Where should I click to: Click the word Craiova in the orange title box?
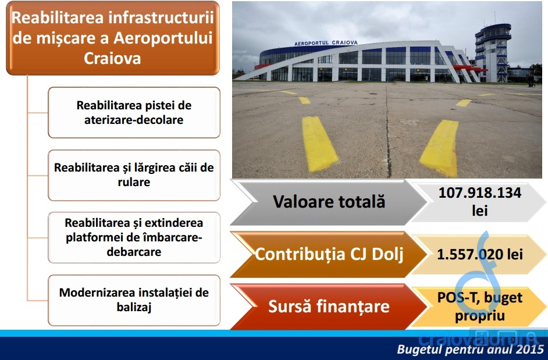click(x=112, y=58)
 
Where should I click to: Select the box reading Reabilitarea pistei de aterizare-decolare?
click(x=134, y=113)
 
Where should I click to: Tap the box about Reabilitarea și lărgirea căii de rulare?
click(x=134, y=175)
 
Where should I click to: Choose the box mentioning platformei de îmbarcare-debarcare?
click(x=134, y=237)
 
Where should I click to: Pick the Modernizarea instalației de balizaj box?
click(x=134, y=300)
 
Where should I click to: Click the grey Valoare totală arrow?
click(x=329, y=202)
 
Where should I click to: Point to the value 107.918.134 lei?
click(x=479, y=202)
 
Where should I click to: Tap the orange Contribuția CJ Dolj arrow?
click(x=329, y=254)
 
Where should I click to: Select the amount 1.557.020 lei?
click(x=480, y=254)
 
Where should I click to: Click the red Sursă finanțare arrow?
click(x=329, y=306)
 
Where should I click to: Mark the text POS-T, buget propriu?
click(x=480, y=306)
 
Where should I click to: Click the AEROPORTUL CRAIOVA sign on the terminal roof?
click(x=326, y=43)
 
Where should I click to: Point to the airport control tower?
click(x=493, y=52)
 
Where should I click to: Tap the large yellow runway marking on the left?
click(x=319, y=143)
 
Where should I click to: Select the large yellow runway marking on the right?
click(x=440, y=148)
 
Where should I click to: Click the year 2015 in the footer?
click(x=529, y=349)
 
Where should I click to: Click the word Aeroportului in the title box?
click(x=163, y=38)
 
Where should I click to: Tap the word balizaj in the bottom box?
click(x=134, y=307)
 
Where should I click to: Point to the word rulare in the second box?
click(x=134, y=182)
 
